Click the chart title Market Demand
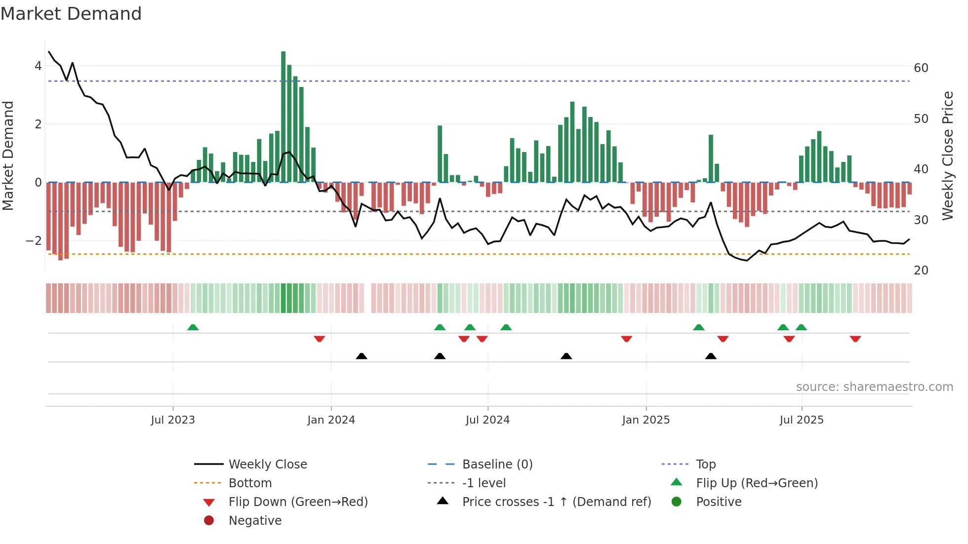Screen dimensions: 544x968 [71, 14]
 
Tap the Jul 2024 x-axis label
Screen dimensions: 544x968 [487, 420]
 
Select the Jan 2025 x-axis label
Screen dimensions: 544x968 [645, 420]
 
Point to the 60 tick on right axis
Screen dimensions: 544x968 [921, 68]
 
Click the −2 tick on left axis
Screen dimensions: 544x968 [34, 241]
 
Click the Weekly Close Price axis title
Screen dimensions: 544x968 [947, 155]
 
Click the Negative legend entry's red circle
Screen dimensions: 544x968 [209, 521]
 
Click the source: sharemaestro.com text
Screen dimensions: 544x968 [874, 387]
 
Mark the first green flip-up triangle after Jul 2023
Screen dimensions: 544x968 [193, 327]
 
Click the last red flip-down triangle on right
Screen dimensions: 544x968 [855, 339]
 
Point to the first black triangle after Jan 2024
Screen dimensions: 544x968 [362, 356]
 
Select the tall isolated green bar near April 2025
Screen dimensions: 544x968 [711, 158]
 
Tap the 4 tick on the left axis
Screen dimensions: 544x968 [38, 66]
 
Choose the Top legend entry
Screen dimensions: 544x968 [705, 465]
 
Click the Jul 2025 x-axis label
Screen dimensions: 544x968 [801, 420]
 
